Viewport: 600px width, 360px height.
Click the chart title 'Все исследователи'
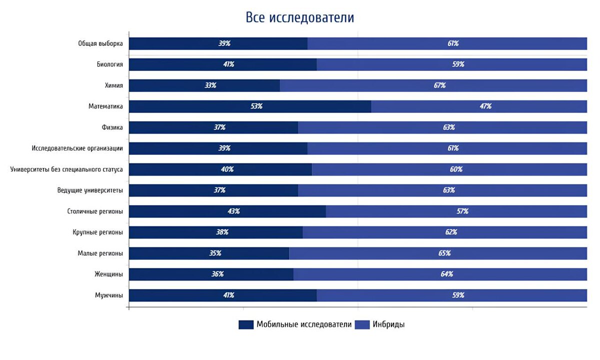click(299, 17)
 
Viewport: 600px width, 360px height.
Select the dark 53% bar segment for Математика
click(250, 106)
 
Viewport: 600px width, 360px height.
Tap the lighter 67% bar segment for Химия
click(433, 85)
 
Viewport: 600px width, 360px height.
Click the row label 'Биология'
click(109, 64)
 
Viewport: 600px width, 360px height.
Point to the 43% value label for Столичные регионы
click(233, 211)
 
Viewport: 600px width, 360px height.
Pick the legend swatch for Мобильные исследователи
click(246, 324)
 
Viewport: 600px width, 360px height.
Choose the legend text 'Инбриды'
click(388, 324)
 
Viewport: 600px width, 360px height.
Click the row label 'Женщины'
click(108, 274)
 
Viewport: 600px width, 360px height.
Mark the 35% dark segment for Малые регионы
click(209, 253)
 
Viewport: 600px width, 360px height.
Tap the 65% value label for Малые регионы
click(444, 253)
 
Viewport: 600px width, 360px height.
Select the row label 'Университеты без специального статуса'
click(66, 169)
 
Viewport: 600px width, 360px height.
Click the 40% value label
click(227, 169)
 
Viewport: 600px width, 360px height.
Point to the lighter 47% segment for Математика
click(479, 106)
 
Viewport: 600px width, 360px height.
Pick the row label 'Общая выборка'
click(100, 43)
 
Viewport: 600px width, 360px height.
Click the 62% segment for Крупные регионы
click(444, 232)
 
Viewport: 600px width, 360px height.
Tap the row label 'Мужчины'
click(109, 295)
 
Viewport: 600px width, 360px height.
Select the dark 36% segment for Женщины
click(211, 274)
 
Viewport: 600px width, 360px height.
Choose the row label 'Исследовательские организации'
click(77, 148)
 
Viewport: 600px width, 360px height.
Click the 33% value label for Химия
click(210, 85)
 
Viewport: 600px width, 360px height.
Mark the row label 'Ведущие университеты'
click(90, 190)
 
